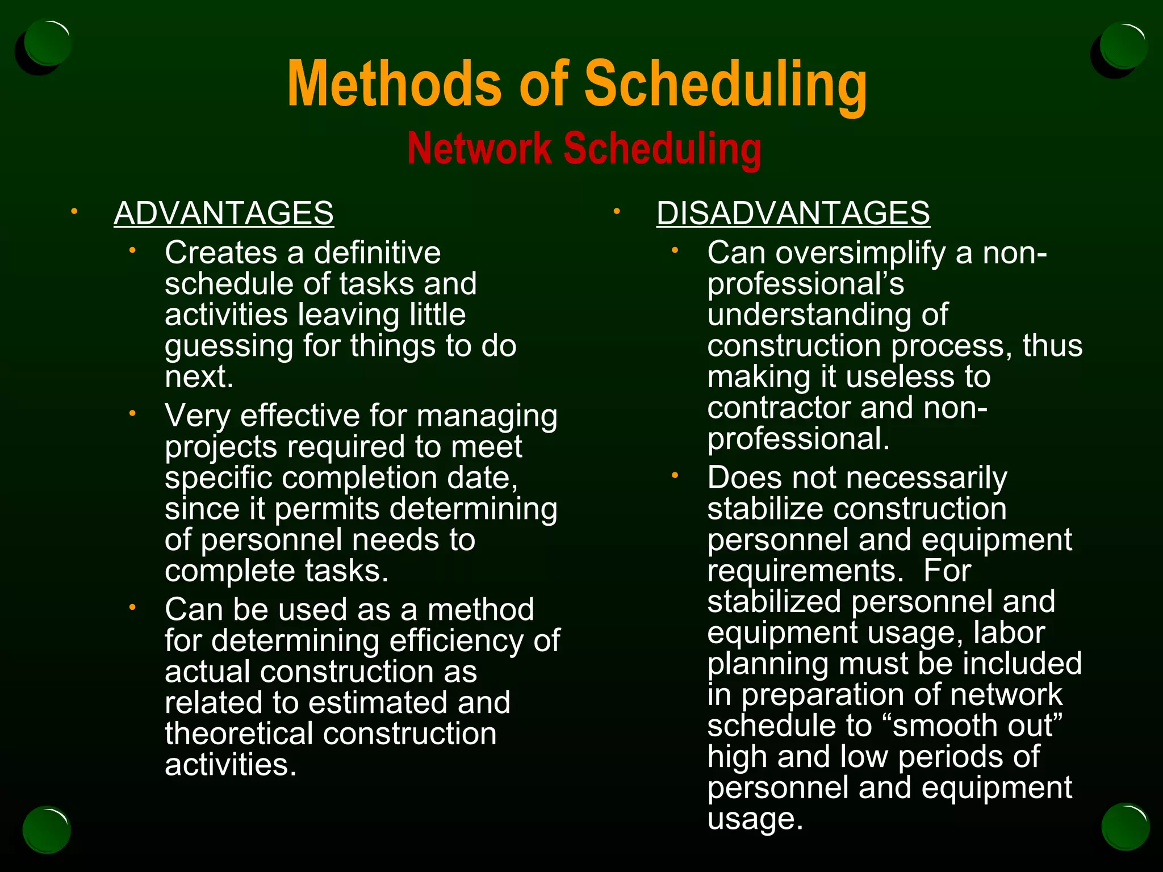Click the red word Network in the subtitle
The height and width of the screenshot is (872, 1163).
pyautogui.click(x=479, y=149)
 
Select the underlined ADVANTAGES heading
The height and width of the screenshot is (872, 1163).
pyautogui.click(x=224, y=213)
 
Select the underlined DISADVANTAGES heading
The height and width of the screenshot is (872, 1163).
pyautogui.click(x=793, y=213)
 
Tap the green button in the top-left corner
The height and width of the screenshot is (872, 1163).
pyautogui.click(x=48, y=43)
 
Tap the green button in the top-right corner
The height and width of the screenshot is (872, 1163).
pyautogui.click(x=1122, y=45)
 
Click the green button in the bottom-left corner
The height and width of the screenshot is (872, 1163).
pyautogui.click(x=47, y=829)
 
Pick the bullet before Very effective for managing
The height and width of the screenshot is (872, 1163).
pyautogui.click(x=132, y=414)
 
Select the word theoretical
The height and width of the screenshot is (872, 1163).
pyautogui.click(x=239, y=733)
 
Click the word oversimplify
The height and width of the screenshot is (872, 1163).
pyautogui.click(x=860, y=253)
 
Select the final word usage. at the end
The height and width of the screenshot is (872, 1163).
pyautogui.click(x=755, y=819)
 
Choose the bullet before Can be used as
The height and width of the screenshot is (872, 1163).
pyautogui.click(x=132, y=608)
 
